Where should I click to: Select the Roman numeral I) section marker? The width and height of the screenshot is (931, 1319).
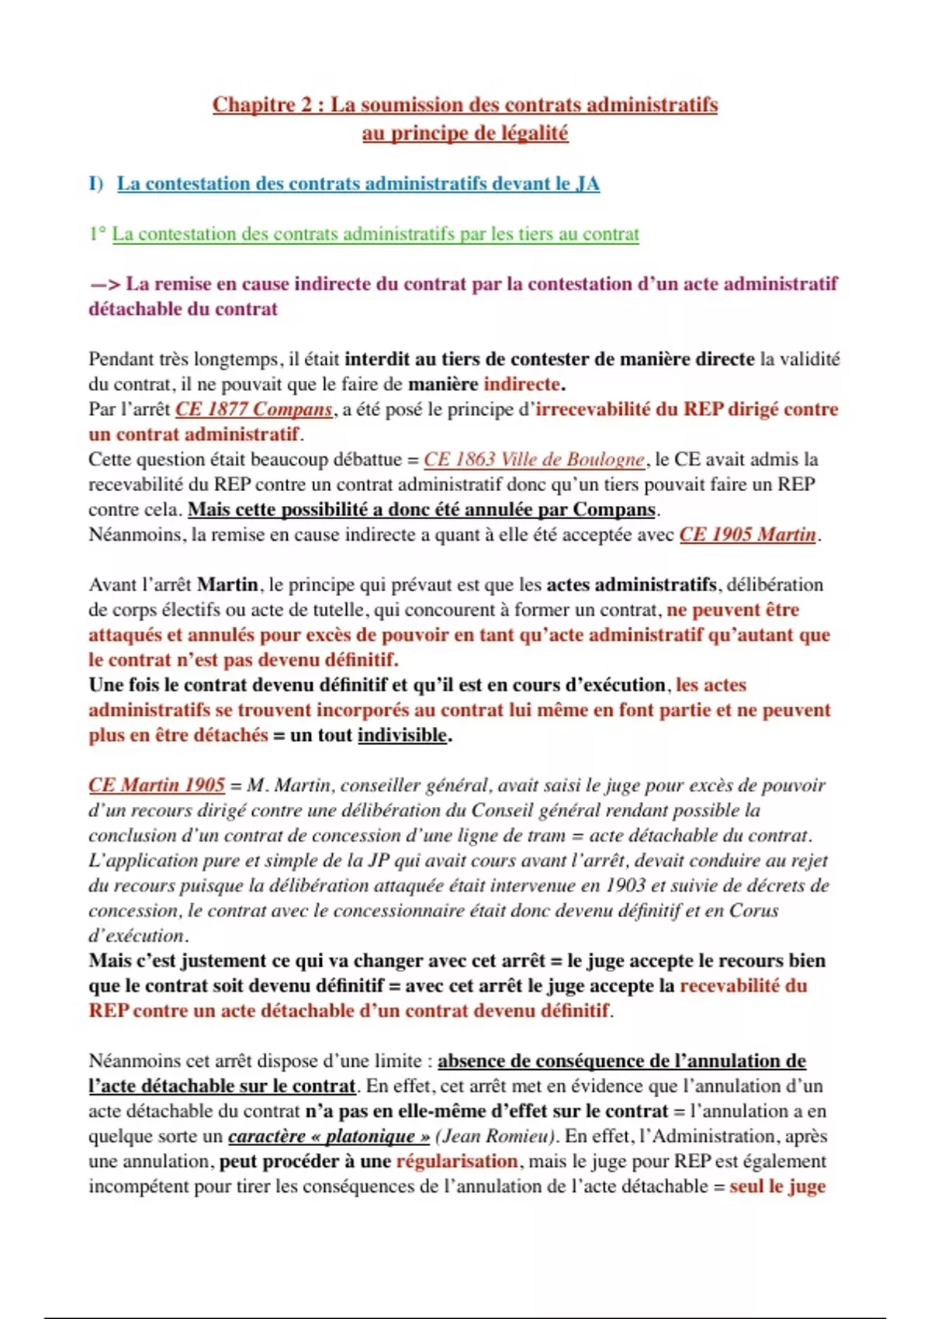pos(95,184)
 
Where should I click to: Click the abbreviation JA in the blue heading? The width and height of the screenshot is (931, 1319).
pos(587,184)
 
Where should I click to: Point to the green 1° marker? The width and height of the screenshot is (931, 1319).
pos(97,234)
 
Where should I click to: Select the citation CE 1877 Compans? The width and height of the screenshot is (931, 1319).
pos(254,409)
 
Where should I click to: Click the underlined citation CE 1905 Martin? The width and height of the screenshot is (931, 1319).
pos(748,535)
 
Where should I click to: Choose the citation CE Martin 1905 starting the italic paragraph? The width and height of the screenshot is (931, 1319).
pos(157,785)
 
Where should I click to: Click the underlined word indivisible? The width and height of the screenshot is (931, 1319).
pos(402,735)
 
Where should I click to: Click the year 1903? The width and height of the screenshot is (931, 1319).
pos(625,885)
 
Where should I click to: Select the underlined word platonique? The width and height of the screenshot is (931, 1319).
pos(369,1136)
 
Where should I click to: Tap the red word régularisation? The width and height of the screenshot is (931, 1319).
pos(457,1161)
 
